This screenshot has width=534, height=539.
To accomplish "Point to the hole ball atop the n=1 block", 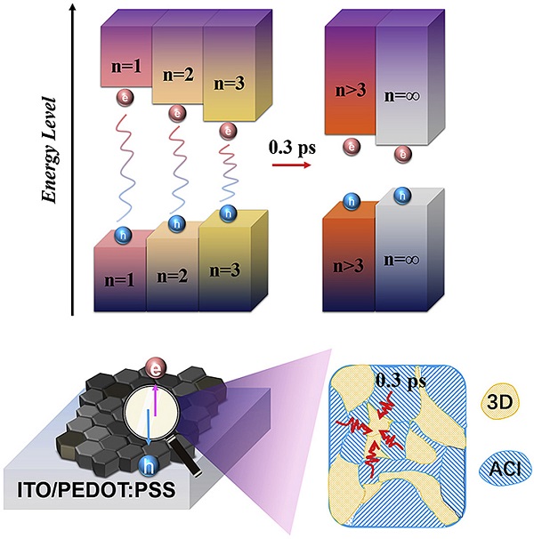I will click(125, 234).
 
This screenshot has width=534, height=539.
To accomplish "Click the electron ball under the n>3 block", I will click(353, 144).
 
